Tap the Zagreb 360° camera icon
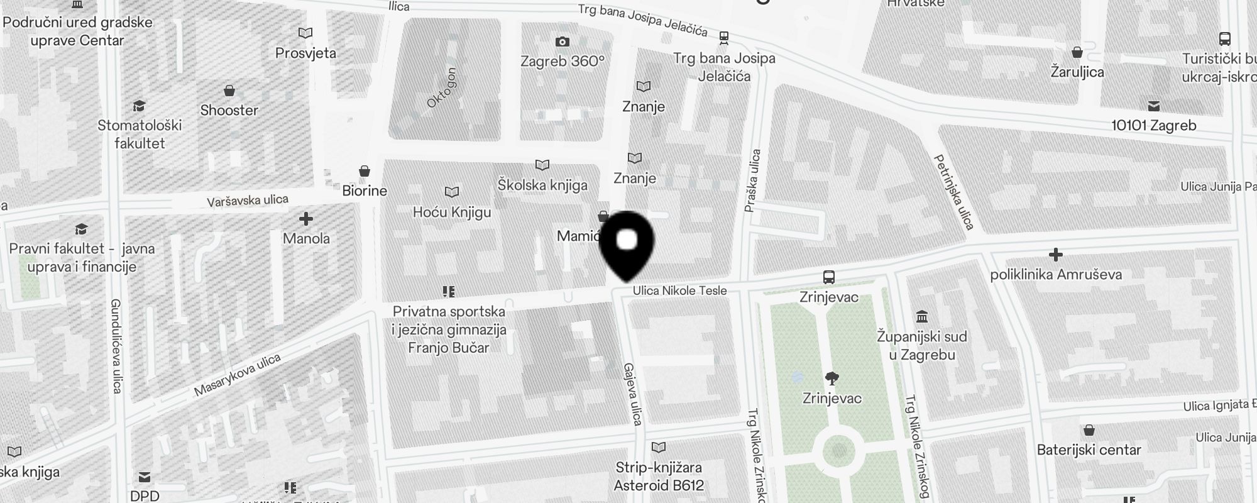(x=563, y=42)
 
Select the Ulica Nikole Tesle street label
(x=679, y=290)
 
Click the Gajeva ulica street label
(x=632, y=394)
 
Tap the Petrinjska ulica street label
(x=954, y=192)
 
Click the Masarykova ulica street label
(x=237, y=375)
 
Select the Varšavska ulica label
(x=248, y=201)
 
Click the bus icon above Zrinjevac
(x=829, y=277)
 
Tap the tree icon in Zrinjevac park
(x=832, y=378)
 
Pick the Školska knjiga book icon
(x=542, y=165)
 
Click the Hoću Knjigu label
(x=452, y=213)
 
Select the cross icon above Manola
(x=306, y=219)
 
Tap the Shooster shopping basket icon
(x=229, y=91)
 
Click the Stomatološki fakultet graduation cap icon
(x=140, y=106)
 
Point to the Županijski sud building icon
(x=922, y=316)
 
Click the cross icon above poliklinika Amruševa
(x=1056, y=255)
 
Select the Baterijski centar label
(x=1089, y=450)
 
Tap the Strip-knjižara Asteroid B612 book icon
(x=659, y=448)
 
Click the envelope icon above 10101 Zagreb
(x=1154, y=106)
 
